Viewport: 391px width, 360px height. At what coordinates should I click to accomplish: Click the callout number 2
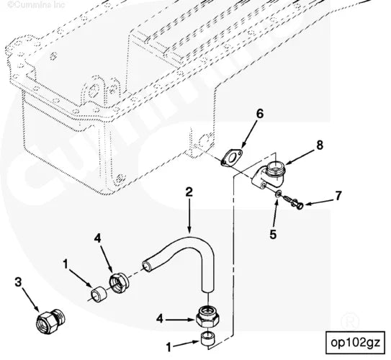(x=189, y=192)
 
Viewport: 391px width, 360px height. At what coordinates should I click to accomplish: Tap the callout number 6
(x=260, y=113)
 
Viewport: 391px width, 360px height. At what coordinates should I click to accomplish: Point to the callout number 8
(x=319, y=145)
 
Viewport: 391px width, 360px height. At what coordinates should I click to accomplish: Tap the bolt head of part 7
(x=299, y=205)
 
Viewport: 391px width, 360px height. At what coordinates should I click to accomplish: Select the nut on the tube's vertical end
(x=210, y=315)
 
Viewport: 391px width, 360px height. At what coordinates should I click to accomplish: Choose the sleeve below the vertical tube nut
(x=209, y=340)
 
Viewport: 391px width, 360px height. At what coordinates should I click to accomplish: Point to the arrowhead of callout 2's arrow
(x=192, y=230)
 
